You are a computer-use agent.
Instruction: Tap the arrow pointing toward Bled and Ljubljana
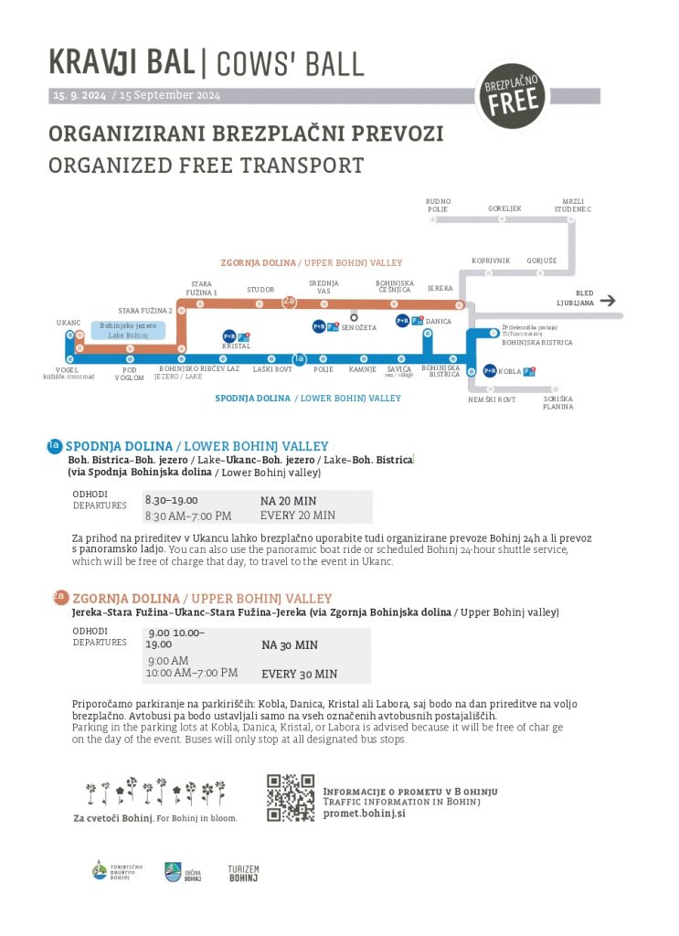(609, 300)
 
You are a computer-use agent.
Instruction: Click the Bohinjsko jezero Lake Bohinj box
(128, 330)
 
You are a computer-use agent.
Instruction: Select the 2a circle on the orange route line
(290, 301)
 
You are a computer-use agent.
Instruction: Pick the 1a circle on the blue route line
(298, 358)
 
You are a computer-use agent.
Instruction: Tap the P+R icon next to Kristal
(229, 336)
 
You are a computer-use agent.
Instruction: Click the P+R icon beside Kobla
(490, 370)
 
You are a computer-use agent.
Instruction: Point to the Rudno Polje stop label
(439, 205)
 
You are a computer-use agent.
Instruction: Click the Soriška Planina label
(557, 402)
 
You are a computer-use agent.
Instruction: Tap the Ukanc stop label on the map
(69, 323)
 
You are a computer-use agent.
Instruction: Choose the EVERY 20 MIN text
(298, 516)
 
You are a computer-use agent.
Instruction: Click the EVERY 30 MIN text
(299, 675)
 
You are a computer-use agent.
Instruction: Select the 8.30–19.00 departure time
(171, 500)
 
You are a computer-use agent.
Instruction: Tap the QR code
(290, 797)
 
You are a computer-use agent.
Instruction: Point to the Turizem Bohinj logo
(243, 873)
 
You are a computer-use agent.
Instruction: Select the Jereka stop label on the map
(440, 288)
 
